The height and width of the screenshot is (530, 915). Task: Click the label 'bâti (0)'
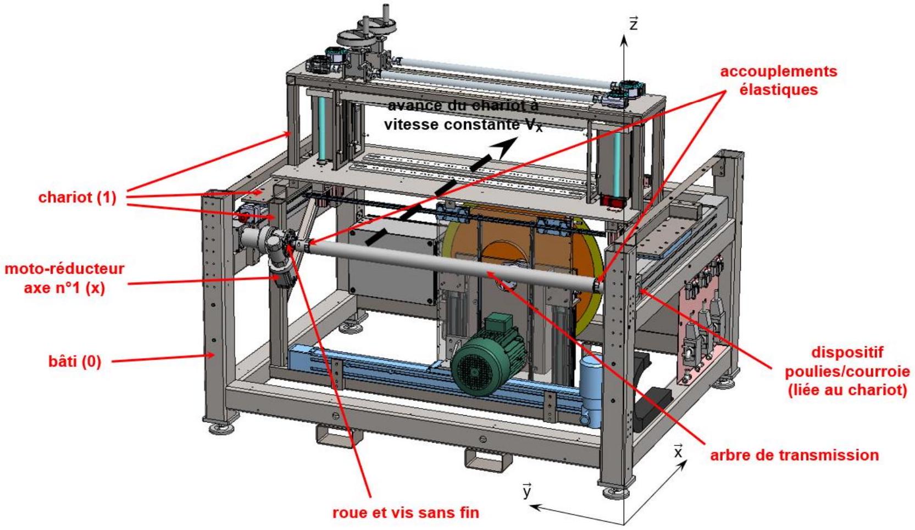click(x=74, y=361)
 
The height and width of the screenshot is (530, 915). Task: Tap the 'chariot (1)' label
click(x=77, y=197)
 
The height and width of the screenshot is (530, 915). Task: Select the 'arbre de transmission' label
click(x=795, y=455)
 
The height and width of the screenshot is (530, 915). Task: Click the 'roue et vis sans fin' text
click(x=406, y=512)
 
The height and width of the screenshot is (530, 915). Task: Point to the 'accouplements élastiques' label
click(x=779, y=80)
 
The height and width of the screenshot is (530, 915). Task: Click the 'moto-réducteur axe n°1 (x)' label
click(x=64, y=278)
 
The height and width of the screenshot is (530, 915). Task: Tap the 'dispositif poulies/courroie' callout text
click(x=847, y=371)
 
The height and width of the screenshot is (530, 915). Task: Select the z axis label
click(x=633, y=24)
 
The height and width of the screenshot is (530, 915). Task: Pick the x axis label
click(x=678, y=451)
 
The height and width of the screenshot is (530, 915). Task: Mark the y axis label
click(x=528, y=491)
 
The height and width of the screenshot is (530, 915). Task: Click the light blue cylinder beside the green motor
click(x=591, y=390)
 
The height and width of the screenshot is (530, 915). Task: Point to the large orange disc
click(x=523, y=270)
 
